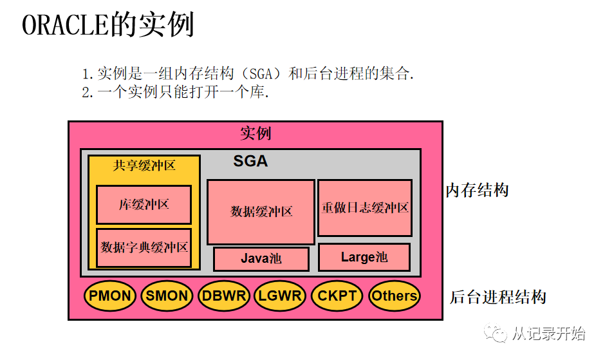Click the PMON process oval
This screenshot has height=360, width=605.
click(x=110, y=296)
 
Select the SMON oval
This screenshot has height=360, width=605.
click(x=167, y=296)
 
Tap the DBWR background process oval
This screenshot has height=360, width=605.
click(x=223, y=296)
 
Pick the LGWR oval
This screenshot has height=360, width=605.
click(x=280, y=296)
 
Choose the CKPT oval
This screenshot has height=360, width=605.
click(x=337, y=296)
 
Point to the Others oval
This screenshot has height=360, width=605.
click(x=394, y=296)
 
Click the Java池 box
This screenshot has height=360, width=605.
click(x=261, y=259)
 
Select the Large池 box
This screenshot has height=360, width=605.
click(x=364, y=257)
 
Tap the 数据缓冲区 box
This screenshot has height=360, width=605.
click(x=261, y=211)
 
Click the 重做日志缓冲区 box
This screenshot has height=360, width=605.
click(x=365, y=208)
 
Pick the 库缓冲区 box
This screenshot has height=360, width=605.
click(x=144, y=205)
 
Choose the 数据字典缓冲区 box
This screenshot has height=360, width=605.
click(x=144, y=247)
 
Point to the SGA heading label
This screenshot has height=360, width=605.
click(x=250, y=161)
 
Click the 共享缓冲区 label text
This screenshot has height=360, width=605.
click(x=144, y=166)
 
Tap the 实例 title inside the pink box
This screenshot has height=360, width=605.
click(x=256, y=133)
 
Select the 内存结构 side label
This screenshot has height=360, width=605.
click(x=477, y=191)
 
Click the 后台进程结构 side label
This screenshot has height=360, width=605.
click(x=497, y=297)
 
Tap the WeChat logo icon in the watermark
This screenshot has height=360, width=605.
click(x=497, y=334)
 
